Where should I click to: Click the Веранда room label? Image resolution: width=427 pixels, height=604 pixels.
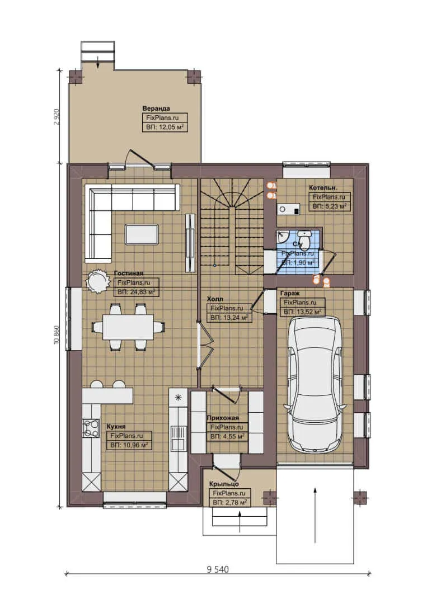[156, 108]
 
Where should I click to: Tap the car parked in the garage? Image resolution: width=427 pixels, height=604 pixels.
[316, 384]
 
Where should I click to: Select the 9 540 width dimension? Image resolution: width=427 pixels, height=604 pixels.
[218, 569]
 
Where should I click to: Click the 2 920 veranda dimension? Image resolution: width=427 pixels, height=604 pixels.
[56, 117]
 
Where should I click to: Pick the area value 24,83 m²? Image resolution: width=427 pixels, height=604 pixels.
[136, 292]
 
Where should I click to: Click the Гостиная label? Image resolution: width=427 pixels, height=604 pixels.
[125, 273]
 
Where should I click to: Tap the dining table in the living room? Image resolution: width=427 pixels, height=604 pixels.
[128, 327]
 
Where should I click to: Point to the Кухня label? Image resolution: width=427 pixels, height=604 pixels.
[116, 426]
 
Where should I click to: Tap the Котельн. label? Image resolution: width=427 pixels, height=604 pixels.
[323, 188]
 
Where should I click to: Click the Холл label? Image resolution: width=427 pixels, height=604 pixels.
[215, 299]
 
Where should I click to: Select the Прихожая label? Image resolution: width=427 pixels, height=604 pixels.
[223, 418]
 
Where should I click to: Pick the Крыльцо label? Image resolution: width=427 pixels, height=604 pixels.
[224, 484]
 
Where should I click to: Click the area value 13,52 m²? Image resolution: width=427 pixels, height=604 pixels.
[302, 312]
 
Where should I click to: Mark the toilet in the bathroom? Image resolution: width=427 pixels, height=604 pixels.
[303, 238]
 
